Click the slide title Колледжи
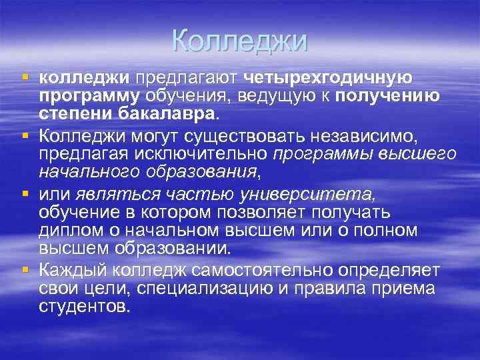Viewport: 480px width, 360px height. coord(239,41)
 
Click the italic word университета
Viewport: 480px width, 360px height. coord(322,194)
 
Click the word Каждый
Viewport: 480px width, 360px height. coord(75,271)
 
